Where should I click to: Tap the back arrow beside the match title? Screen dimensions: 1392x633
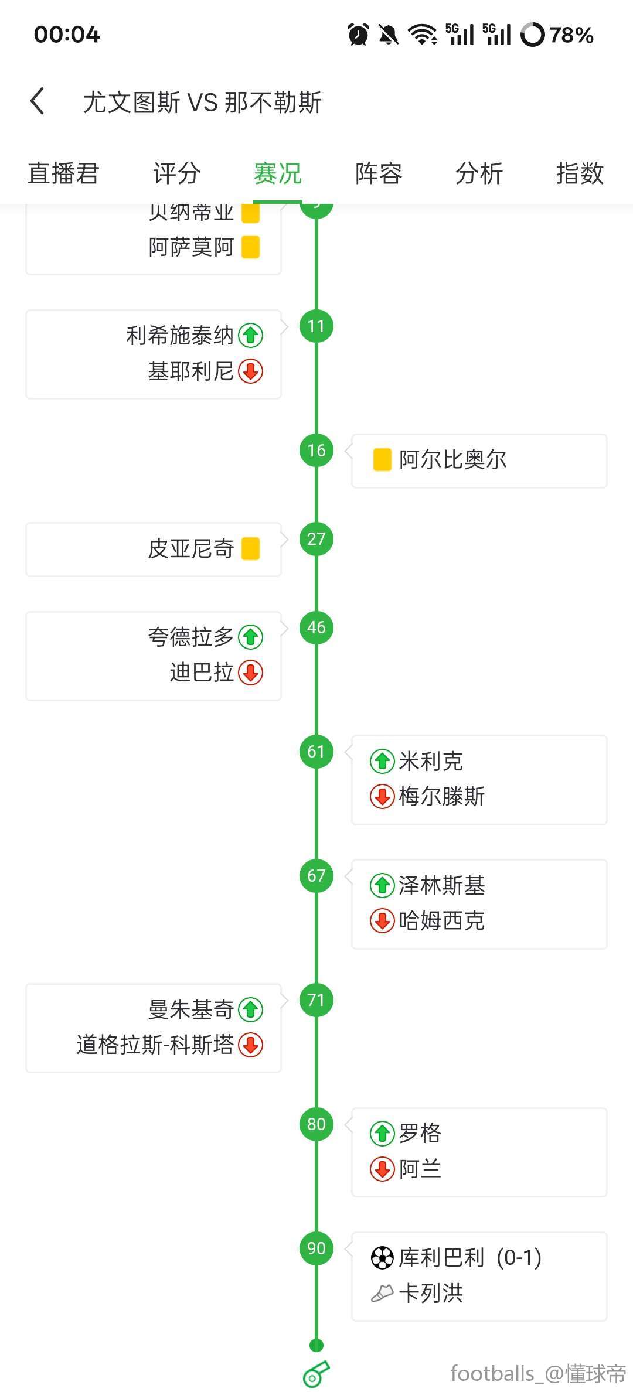click(38, 101)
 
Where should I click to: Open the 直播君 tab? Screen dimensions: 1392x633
click(63, 173)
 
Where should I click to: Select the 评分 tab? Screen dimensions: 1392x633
click(176, 173)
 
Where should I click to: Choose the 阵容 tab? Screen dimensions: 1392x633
click(379, 173)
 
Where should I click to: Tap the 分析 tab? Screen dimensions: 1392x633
click(479, 173)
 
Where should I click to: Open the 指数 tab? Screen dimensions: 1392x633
click(580, 173)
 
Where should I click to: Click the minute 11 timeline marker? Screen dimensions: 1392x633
click(316, 326)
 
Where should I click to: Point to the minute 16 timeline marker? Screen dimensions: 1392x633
click(316, 451)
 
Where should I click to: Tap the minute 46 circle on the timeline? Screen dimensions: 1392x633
click(316, 627)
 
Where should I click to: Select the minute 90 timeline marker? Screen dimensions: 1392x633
click(316, 1248)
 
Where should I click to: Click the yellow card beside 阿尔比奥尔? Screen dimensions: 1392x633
click(382, 460)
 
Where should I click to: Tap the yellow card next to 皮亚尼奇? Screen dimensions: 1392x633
click(251, 549)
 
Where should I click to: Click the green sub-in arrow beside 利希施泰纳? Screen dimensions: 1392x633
click(251, 336)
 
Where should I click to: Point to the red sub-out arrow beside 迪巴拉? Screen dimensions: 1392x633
click(251, 673)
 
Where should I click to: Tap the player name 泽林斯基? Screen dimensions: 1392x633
click(442, 885)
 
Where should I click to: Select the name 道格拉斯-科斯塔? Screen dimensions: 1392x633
click(155, 1045)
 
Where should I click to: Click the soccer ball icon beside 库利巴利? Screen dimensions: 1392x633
click(382, 1258)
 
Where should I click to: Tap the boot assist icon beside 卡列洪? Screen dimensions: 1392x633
click(382, 1293)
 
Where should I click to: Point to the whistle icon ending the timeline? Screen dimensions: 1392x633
click(316, 1374)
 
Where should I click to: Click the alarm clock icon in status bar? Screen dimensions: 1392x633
click(358, 35)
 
